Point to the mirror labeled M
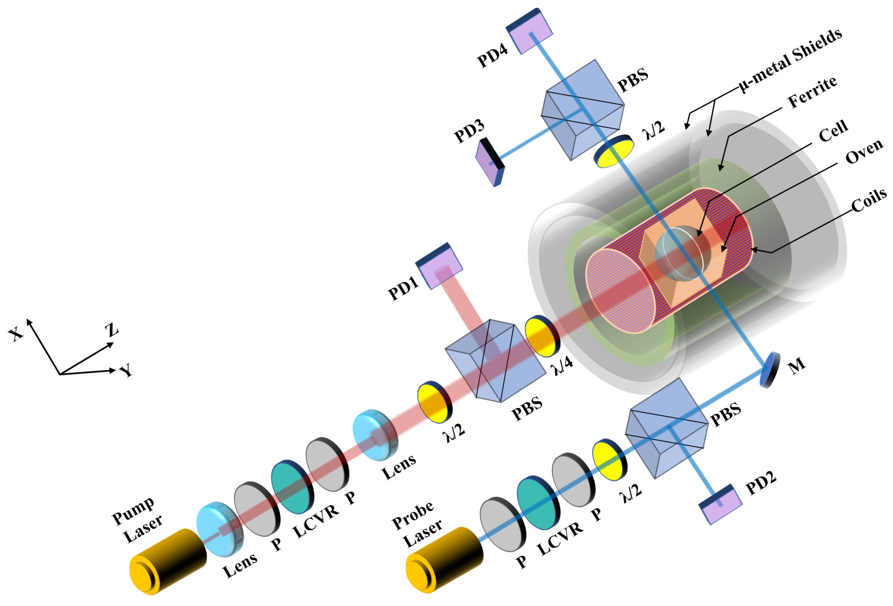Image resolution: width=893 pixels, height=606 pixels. pyautogui.click(x=769, y=370)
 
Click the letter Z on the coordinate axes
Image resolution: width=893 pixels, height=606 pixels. pyautogui.click(x=112, y=330)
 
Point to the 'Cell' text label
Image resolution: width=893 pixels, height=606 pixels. pyautogui.click(x=833, y=131)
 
